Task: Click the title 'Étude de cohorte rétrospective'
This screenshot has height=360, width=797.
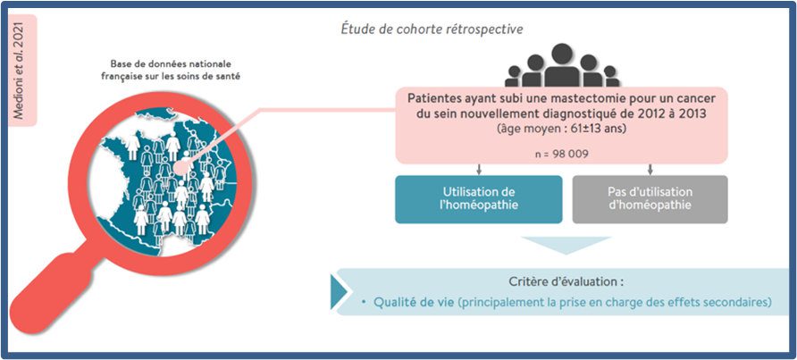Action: pos(431,29)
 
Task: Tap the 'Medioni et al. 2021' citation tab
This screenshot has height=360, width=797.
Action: pos(20,71)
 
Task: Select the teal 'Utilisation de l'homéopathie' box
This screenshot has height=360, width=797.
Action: pos(478,199)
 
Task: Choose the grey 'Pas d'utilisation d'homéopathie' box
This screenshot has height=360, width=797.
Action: pos(650,199)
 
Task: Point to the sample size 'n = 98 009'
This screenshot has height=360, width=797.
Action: pos(561,153)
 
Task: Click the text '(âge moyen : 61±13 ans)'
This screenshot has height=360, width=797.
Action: pos(561,130)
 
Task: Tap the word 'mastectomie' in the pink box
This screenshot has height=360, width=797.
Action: pos(543,98)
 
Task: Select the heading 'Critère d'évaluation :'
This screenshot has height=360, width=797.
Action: pos(566,281)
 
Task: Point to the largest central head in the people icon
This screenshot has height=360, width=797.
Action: pos(562,54)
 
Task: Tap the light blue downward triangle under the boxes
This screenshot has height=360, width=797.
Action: pos(566,244)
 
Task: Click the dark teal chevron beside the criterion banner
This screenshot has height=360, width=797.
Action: pos(338,292)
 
